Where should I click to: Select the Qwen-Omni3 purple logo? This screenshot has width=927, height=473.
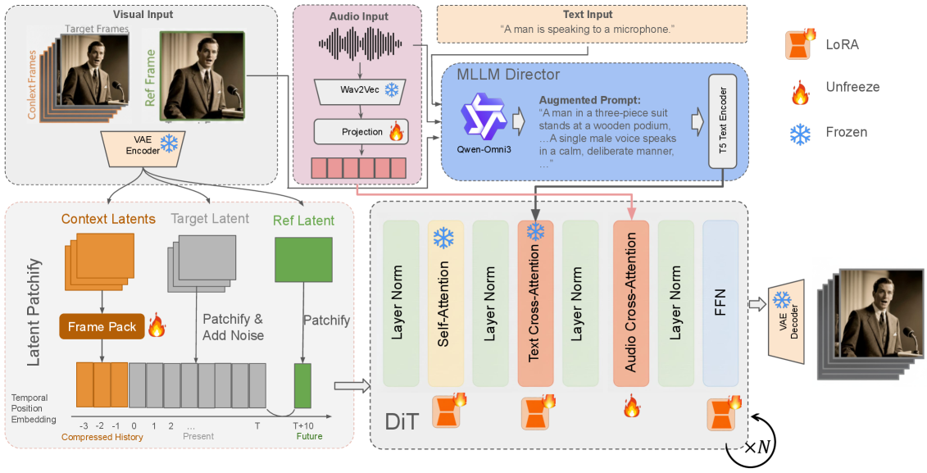point(484,116)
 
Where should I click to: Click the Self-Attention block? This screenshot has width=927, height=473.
point(446,302)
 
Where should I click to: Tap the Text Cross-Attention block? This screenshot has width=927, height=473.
point(535,302)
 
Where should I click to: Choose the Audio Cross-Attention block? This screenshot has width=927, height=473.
point(630,302)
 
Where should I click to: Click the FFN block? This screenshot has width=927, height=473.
point(720,302)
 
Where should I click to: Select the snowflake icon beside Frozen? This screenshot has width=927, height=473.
point(799,132)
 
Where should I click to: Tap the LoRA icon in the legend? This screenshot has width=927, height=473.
point(799,45)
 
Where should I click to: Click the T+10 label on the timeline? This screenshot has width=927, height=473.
point(303,425)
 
